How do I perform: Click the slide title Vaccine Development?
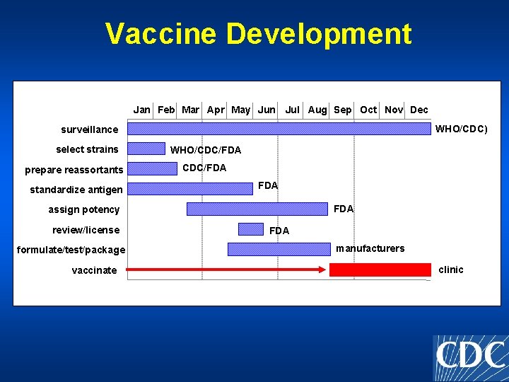258,34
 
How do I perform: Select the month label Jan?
142,110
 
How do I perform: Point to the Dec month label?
419,110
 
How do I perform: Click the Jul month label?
293,110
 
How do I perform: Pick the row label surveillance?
90,129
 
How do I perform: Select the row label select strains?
88,149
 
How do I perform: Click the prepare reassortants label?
74,170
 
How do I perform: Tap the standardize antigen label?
76,190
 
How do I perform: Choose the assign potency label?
84,209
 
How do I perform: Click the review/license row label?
86,230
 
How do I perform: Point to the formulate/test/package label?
71,250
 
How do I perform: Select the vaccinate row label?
94,270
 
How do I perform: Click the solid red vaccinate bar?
380,270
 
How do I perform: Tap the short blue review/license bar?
250,229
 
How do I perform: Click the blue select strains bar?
146,149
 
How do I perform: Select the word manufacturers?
370,248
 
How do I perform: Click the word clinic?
451,270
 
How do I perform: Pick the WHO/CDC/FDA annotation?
206,150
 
